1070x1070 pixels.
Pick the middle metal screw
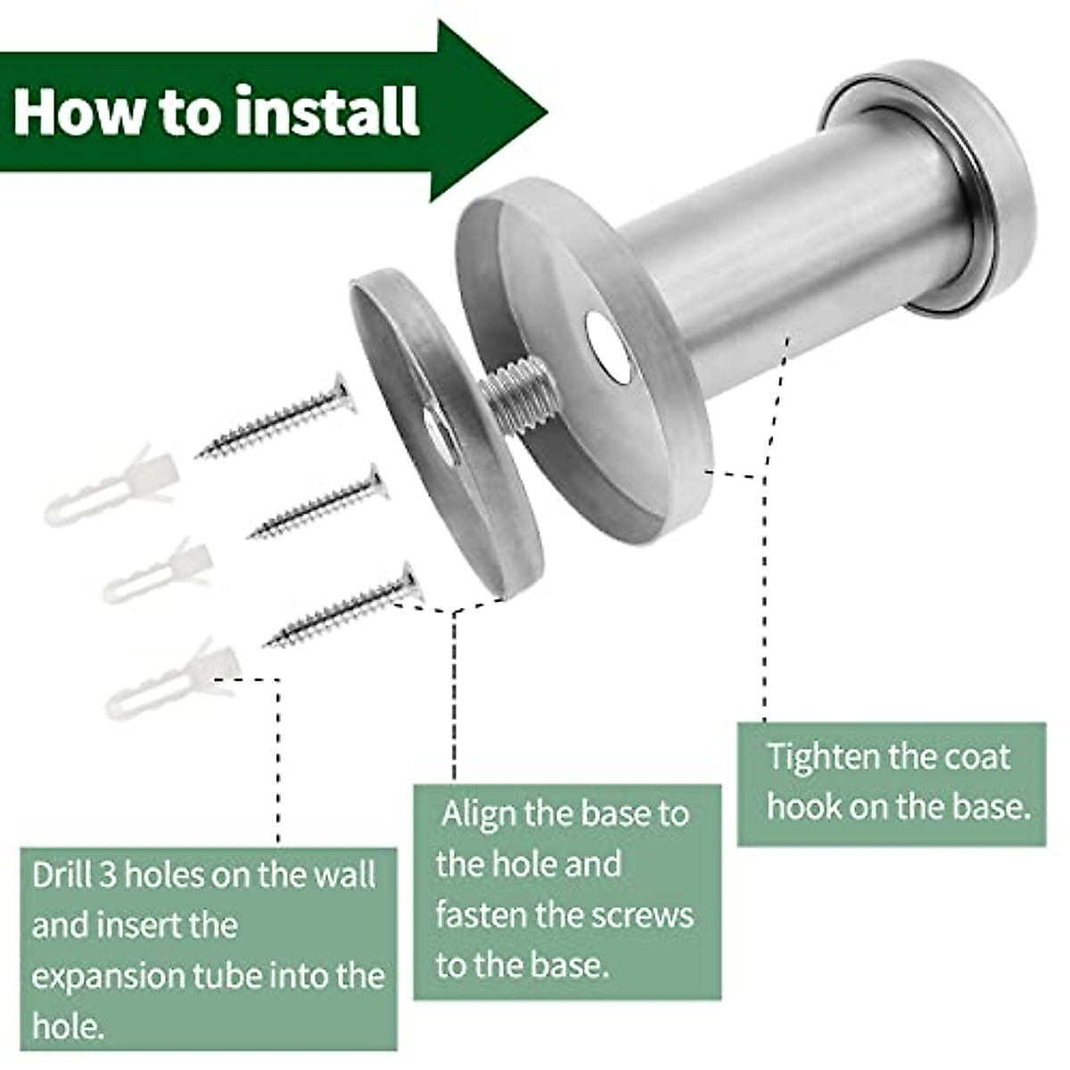click(x=317, y=504)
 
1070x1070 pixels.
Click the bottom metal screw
click(x=344, y=606)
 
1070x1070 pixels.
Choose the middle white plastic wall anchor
click(x=156, y=571)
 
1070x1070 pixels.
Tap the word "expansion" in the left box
click(x=107, y=975)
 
